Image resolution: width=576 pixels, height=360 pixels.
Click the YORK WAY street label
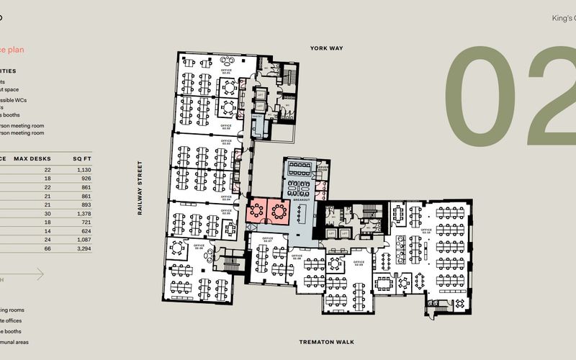(x=326, y=48)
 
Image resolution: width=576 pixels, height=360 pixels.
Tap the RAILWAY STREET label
(x=142, y=188)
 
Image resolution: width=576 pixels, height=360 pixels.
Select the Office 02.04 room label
(x=226, y=197)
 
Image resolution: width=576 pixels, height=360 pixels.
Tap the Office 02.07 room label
(x=267, y=238)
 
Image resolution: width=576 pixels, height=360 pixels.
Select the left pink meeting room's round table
(x=257, y=211)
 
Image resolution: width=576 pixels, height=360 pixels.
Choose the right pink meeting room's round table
(x=277, y=211)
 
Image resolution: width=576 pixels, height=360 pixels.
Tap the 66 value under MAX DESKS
(x=48, y=248)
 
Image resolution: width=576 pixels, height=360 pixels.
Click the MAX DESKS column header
(x=30, y=158)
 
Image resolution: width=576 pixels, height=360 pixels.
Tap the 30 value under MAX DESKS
(x=48, y=214)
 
